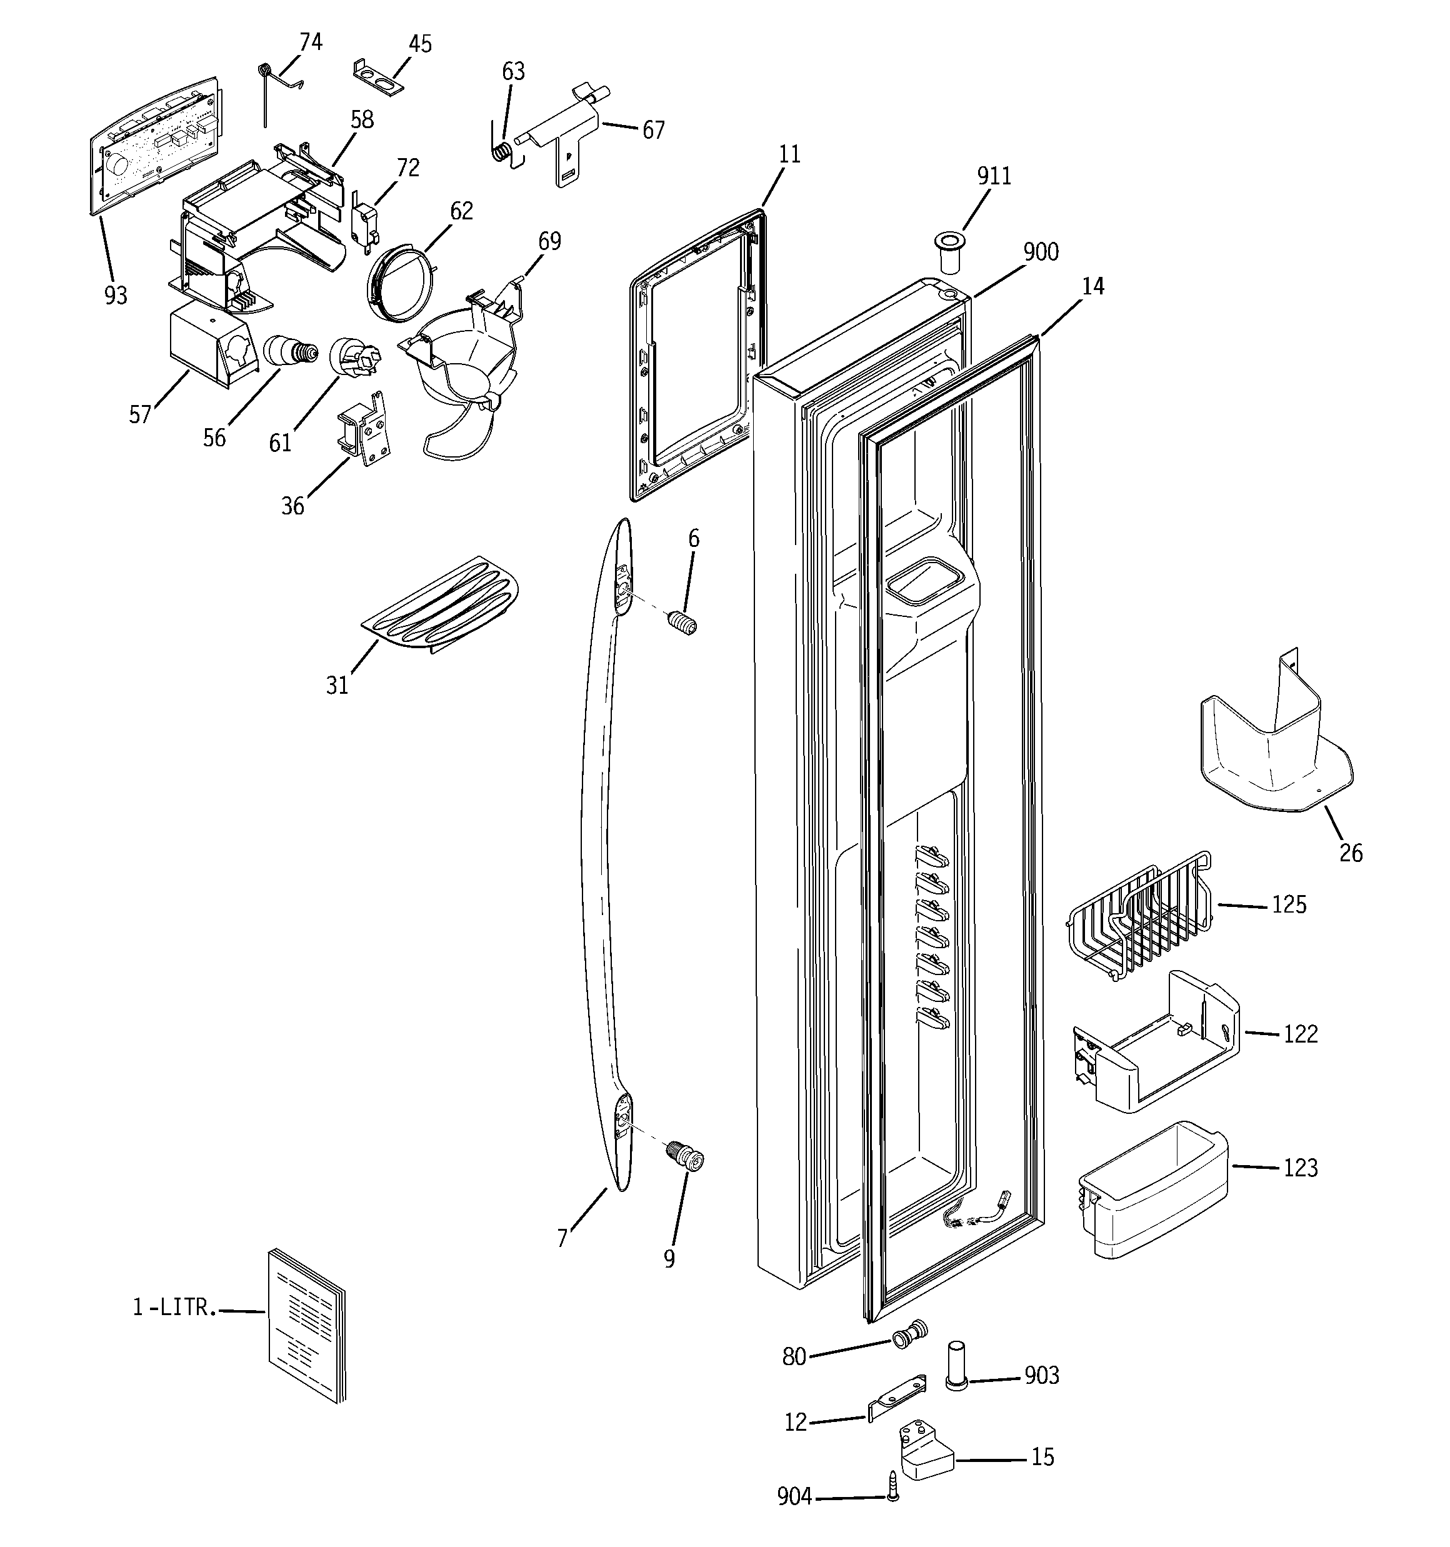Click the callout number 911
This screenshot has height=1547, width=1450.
coord(994,177)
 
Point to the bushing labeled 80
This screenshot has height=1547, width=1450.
coord(909,1334)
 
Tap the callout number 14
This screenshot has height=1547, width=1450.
coord(1092,286)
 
